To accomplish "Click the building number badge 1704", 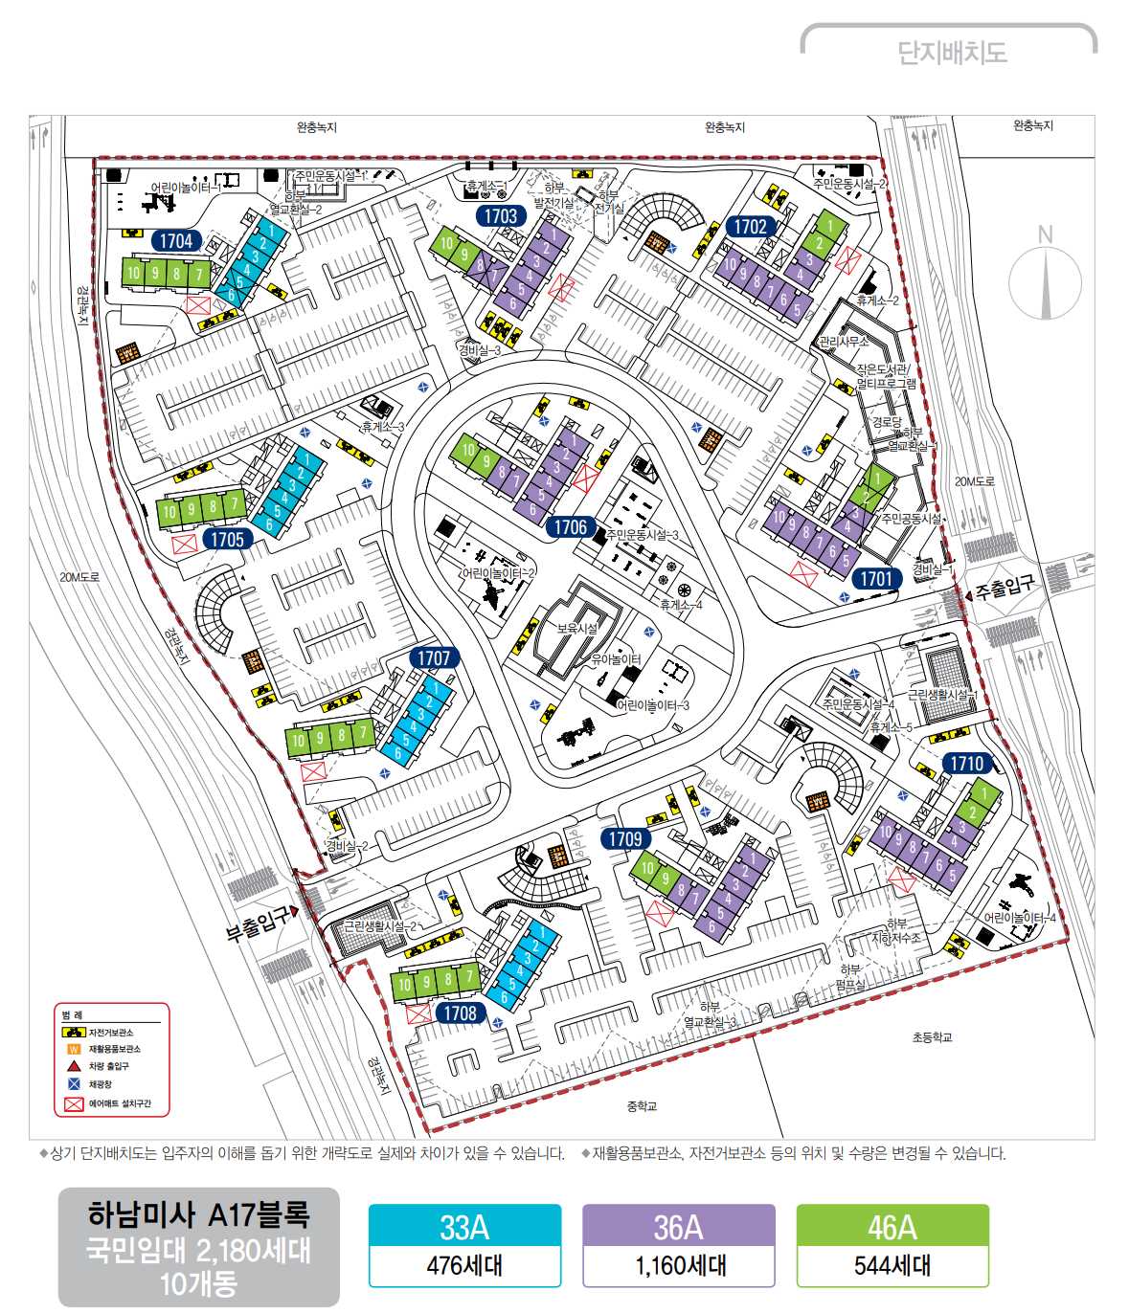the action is pyautogui.click(x=176, y=241).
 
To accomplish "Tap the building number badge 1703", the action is pyautogui.click(x=501, y=216).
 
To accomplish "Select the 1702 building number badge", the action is pyautogui.click(x=751, y=227).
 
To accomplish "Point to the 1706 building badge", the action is pyautogui.click(x=571, y=527).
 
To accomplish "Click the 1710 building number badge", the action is pyautogui.click(x=966, y=764).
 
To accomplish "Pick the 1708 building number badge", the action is pyautogui.click(x=461, y=1013).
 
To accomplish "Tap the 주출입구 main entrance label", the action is pyautogui.click(x=1005, y=587).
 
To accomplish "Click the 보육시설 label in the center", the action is pyautogui.click(x=577, y=629).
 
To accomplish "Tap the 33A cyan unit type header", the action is pyautogui.click(x=464, y=1226).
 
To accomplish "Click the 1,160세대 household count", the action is pyautogui.click(x=679, y=1266).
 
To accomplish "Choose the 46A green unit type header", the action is pyautogui.click(x=892, y=1226).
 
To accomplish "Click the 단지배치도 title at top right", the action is pyautogui.click(x=952, y=52).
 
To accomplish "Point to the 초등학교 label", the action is pyautogui.click(x=932, y=1037).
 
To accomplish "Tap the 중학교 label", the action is pyautogui.click(x=642, y=1106).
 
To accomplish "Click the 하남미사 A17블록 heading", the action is pyautogui.click(x=198, y=1215).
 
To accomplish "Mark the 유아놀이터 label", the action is pyautogui.click(x=616, y=659).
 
